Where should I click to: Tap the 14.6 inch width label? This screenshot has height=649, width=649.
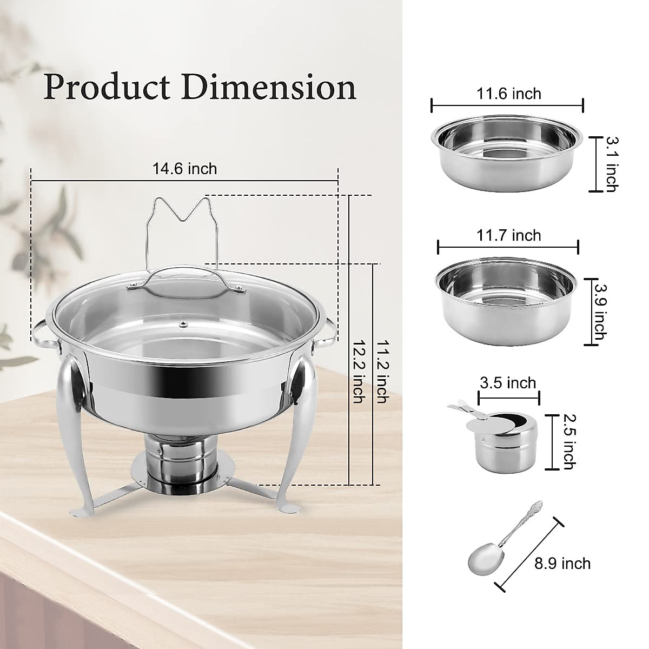(x=184, y=169)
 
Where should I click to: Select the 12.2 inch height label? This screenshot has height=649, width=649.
(x=357, y=372)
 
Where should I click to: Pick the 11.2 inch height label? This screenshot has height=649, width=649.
(x=382, y=372)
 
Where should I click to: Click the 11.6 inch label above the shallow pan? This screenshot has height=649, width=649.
(x=508, y=94)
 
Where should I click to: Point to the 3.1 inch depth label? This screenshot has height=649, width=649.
(x=611, y=164)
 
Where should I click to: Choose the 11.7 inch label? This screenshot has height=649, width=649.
(x=508, y=235)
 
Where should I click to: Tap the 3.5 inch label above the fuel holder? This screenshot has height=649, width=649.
(x=508, y=383)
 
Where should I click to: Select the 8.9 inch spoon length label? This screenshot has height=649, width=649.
(x=562, y=564)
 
